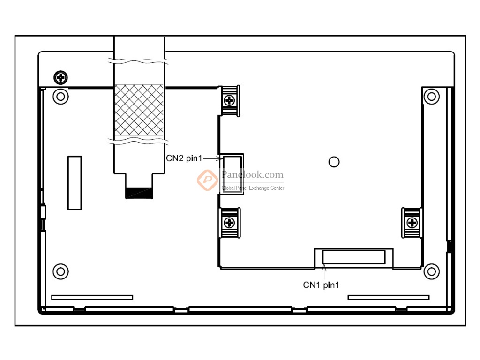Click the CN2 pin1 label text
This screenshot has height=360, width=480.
click(x=184, y=158)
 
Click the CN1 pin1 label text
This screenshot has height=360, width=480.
click(x=321, y=285)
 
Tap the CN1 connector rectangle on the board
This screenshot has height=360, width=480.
click(x=354, y=257)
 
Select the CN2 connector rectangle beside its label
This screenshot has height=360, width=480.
click(x=232, y=174)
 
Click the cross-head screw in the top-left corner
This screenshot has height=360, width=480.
click(x=60, y=77)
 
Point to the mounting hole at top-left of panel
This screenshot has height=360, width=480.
click(x=60, y=97)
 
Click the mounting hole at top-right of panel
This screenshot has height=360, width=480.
click(x=432, y=97)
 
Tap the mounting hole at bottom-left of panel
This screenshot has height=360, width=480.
click(x=60, y=271)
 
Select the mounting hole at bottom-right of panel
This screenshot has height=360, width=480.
click(x=432, y=271)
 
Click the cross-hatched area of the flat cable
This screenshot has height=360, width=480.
click(x=139, y=110)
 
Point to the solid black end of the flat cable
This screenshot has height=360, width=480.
click(x=139, y=193)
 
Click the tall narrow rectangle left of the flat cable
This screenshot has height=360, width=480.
click(x=75, y=183)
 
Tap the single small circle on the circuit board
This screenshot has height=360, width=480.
click(x=334, y=162)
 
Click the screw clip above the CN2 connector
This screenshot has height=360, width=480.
click(x=230, y=101)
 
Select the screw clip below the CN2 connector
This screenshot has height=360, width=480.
click(x=230, y=223)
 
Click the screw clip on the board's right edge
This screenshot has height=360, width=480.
click(x=412, y=223)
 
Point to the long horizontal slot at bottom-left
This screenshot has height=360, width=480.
click(x=92, y=298)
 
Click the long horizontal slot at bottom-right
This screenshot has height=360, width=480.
click(x=389, y=298)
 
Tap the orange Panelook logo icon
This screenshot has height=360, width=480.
click(x=208, y=180)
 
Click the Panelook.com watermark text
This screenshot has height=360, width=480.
click(x=253, y=175)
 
